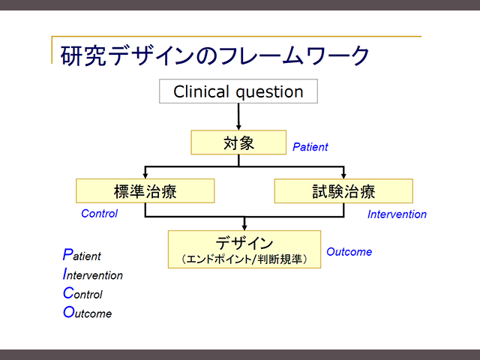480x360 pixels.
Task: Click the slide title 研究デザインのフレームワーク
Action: (215, 55)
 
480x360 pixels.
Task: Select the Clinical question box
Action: (238, 91)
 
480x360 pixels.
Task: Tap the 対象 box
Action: (238, 142)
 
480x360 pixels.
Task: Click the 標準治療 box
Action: (145, 190)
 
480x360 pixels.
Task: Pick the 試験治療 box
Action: (343, 190)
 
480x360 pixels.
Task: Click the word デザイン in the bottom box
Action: (244, 243)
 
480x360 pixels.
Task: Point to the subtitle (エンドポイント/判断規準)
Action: (244, 259)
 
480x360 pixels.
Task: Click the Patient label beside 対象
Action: (310, 147)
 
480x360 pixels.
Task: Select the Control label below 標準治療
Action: (99, 213)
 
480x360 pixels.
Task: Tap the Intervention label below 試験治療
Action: (397, 214)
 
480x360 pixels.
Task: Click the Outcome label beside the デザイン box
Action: (349, 252)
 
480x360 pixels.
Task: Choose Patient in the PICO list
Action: (82, 255)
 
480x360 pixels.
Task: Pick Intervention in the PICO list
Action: (93, 274)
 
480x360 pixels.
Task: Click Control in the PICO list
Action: (82, 293)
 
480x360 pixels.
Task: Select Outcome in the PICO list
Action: (87, 312)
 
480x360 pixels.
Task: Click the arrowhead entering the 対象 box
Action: (238, 127)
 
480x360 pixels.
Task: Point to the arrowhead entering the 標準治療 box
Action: (145, 175)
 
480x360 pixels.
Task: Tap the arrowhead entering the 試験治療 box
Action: (343, 175)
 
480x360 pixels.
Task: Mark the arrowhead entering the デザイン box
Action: (244, 227)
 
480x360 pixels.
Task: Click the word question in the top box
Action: (270, 92)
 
